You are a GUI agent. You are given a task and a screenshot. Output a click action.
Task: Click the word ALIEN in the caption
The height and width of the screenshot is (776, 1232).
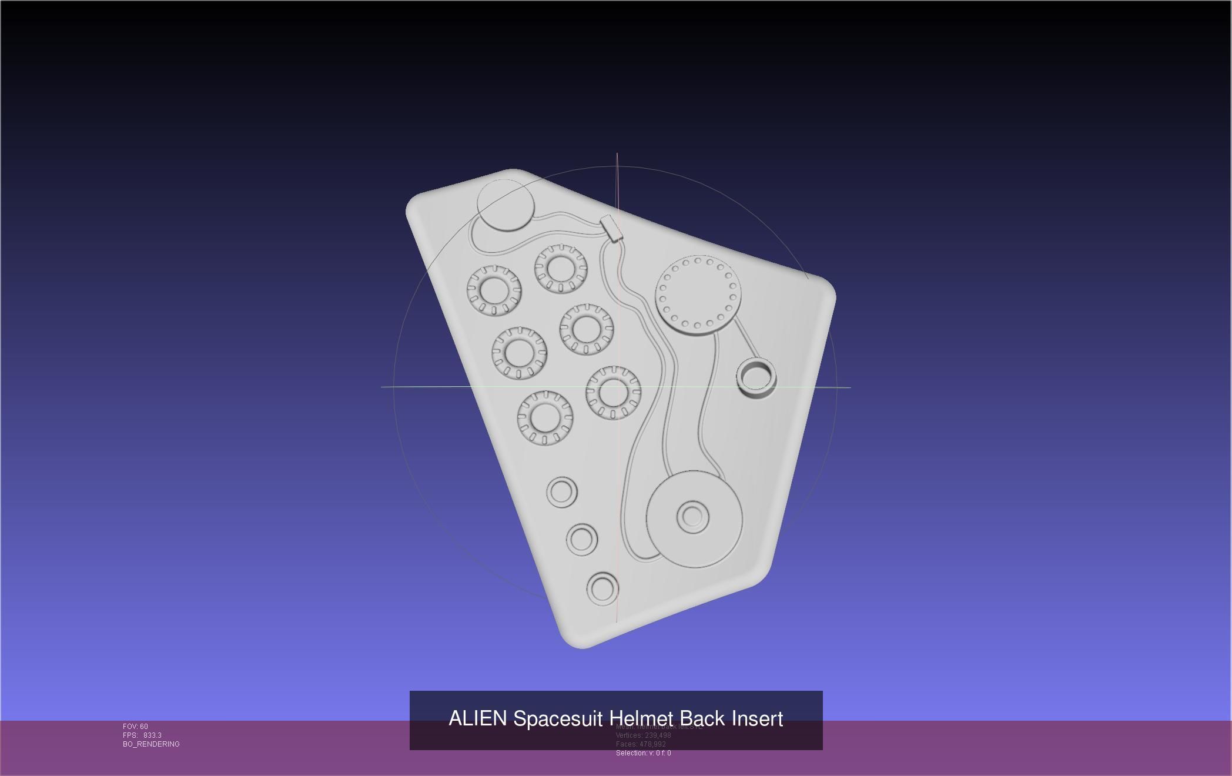477,718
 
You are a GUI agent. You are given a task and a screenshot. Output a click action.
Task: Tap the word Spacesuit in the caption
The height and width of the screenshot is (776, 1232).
559,718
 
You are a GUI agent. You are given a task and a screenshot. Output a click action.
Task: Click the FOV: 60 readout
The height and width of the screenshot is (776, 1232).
135,727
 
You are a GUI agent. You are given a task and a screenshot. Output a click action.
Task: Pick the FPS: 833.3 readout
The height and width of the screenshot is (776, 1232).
142,735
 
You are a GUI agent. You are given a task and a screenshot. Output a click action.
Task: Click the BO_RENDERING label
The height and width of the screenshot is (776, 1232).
151,744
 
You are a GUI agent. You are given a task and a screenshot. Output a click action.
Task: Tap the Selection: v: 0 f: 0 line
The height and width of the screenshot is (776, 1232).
643,753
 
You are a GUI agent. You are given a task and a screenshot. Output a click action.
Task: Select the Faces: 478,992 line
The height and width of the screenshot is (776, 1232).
641,744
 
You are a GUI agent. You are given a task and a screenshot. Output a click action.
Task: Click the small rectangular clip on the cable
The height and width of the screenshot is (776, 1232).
611,228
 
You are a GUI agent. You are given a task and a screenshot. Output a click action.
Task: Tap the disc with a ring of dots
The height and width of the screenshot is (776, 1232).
698,295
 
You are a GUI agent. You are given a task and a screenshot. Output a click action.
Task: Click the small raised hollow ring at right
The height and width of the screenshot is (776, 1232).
756,377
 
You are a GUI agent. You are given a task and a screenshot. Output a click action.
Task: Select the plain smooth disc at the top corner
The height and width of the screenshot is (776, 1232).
505,205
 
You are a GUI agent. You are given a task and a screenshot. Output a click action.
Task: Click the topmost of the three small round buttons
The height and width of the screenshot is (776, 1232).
561,491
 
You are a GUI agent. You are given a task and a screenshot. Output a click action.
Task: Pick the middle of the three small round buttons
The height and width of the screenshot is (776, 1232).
582,539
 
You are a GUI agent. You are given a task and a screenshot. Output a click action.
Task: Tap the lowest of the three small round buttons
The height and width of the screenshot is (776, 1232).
602,588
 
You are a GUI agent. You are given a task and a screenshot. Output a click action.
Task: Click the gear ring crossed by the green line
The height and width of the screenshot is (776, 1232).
613,393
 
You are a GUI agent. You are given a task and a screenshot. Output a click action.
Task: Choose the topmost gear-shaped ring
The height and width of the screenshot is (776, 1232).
560,269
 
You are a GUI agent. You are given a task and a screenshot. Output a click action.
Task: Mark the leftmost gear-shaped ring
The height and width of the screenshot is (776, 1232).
494,290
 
